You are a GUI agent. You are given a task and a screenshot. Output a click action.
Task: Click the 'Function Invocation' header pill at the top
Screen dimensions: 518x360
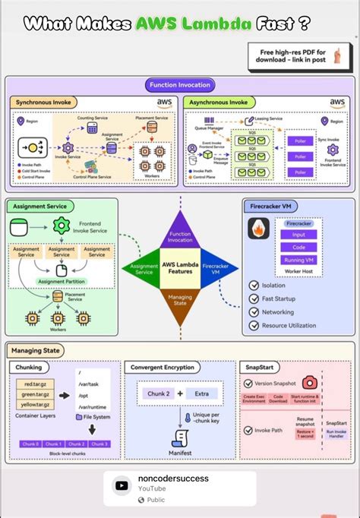coord(180,86)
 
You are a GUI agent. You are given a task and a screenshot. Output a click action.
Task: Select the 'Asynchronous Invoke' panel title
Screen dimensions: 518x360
coord(217,103)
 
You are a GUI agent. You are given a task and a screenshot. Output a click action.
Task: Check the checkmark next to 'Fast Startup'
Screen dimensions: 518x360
coord(254,298)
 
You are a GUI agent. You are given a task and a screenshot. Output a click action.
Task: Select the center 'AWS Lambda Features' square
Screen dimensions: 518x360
coord(180,268)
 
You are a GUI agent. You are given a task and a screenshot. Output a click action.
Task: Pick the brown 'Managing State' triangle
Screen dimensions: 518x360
coord(180,303)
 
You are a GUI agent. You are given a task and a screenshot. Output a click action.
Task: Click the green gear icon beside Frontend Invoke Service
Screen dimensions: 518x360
coord(60,226)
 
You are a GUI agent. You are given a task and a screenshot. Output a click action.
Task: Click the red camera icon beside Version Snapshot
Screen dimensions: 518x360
coord(309,383)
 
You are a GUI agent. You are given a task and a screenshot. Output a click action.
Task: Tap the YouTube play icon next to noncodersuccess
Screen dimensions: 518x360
coord(121,464)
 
